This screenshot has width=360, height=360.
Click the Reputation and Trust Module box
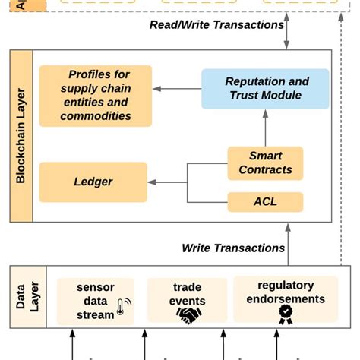(x=265, y=88)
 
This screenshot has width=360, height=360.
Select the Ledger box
(x=93, y=182)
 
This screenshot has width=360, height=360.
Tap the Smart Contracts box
(x=265, y=163)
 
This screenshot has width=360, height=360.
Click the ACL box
(x=265, y=201)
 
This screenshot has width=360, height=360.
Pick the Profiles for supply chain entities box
(x=96, y=95)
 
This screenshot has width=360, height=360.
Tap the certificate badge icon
(x=285, y=314)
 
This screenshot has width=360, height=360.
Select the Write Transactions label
(x=233, y=248)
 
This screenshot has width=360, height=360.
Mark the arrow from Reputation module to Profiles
(x=176, y=89)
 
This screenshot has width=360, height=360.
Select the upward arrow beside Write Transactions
(x=295, y=243)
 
